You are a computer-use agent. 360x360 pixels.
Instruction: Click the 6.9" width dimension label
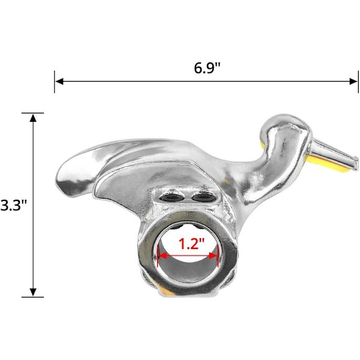tap(207, 68)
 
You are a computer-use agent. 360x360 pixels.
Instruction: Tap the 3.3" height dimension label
tap(14, 205)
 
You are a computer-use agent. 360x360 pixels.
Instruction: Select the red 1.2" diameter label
tap(191, 244)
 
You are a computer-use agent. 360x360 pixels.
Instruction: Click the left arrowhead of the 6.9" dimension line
tap(59, 81)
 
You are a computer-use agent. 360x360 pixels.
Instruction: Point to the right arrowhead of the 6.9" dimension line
tap(353, 81)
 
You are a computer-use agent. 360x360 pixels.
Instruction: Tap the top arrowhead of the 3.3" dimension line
tap(33, 118)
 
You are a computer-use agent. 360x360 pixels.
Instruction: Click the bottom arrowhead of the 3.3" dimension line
tap(33, 292)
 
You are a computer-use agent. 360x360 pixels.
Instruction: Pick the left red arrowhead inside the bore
tap(163, 256)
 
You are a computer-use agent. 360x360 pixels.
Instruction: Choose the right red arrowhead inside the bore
tap(213, 256)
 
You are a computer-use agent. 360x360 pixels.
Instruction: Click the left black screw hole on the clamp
tap(170, 197)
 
